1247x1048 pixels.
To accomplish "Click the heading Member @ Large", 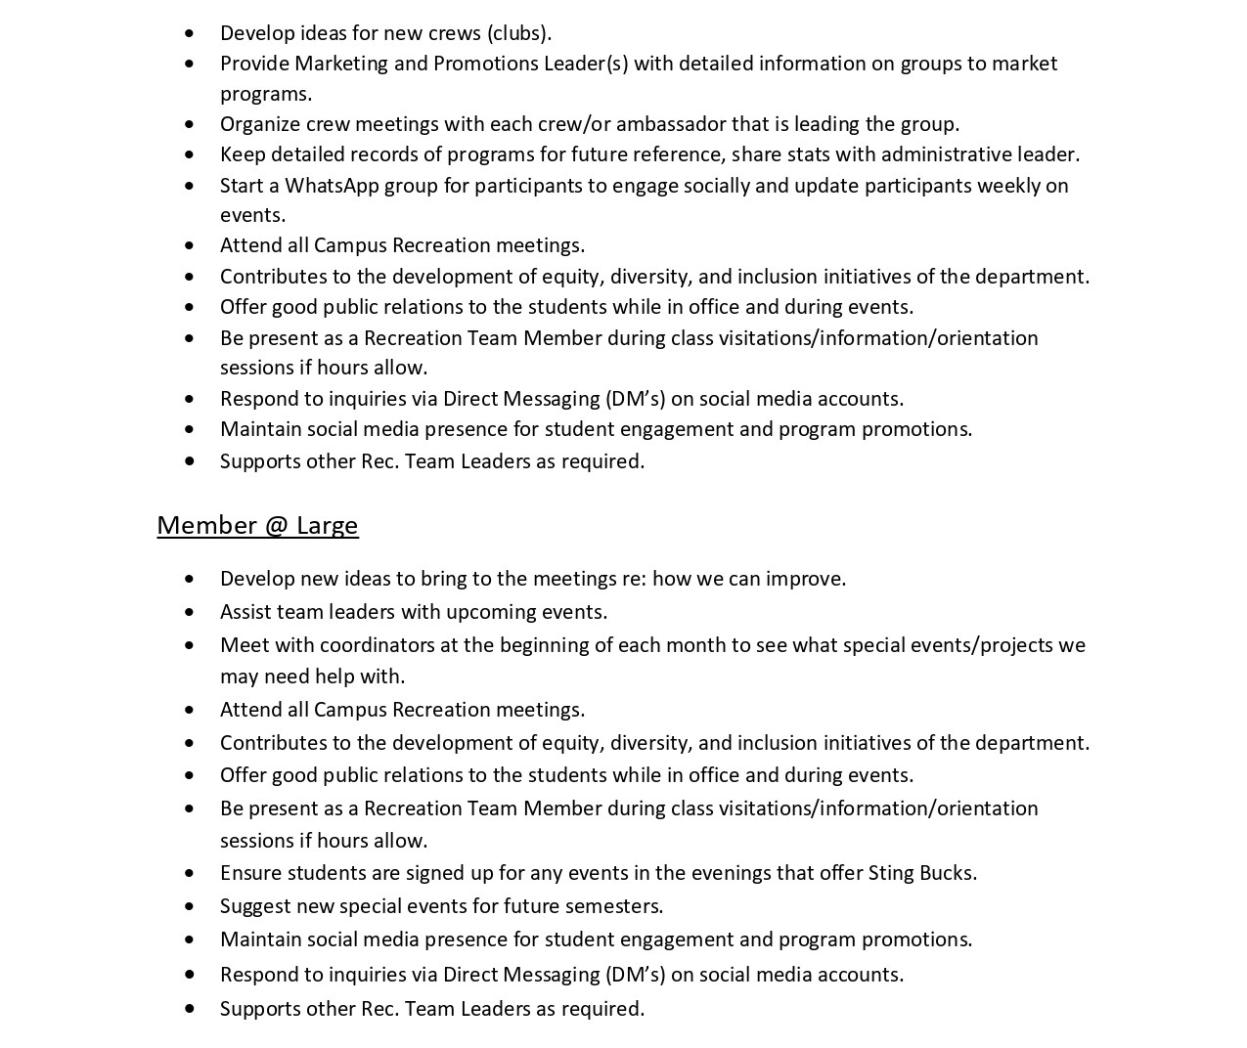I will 257,526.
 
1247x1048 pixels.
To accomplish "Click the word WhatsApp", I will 332,186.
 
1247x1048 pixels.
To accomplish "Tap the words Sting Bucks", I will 920,873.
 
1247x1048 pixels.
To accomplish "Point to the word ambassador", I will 670,124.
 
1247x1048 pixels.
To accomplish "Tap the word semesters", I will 619,906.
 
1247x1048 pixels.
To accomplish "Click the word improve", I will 805,579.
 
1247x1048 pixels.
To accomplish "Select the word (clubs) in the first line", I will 519,33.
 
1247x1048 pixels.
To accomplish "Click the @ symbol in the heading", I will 276,526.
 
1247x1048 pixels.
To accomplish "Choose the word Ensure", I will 250,873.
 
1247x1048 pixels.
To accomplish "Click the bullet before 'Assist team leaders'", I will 189,613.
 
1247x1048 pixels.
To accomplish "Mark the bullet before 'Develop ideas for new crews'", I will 189,34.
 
